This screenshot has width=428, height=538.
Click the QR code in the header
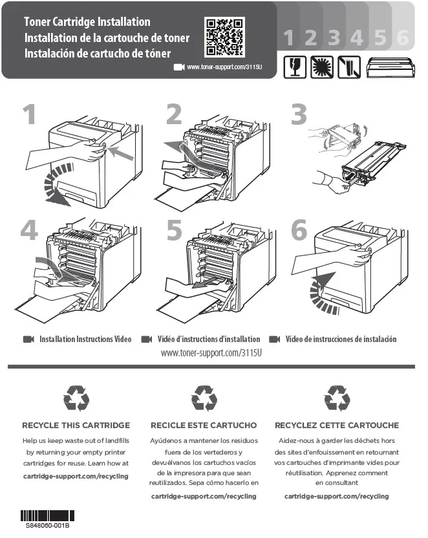point(224,37)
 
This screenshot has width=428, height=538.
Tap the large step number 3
point(299,115)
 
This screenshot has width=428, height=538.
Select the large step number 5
point(175,230)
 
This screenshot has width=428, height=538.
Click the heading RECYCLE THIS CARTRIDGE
point(76,425)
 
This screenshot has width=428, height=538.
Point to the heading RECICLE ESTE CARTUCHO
point(204,425)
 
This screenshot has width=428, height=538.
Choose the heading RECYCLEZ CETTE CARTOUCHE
point(337,425)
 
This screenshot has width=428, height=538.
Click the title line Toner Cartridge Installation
point(87,23)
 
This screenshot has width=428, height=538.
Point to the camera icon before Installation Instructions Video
point(28,339)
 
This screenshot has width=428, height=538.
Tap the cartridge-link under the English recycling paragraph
point(76,476)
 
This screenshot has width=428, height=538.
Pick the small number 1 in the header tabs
point(288,39)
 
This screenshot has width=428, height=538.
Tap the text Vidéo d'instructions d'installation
point(209,339)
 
